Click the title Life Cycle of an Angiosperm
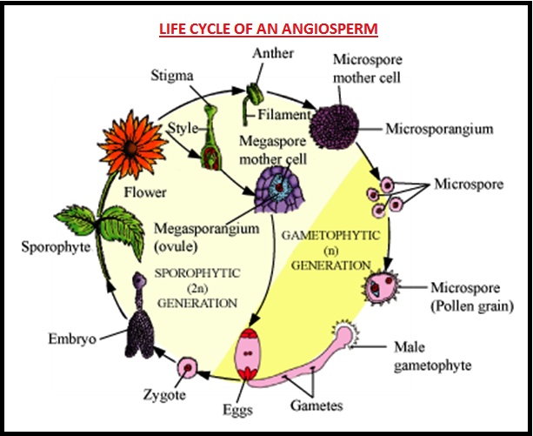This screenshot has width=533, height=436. point(268,29)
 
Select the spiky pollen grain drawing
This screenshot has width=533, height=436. point(383,288)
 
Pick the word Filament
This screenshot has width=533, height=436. point(290,113)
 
